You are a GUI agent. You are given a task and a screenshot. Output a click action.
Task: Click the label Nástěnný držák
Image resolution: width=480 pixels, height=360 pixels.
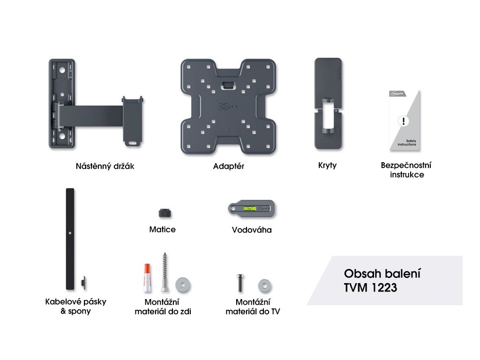(x=105, y=166)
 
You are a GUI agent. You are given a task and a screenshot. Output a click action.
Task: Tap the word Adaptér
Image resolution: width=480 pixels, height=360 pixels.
(x=228, y=166)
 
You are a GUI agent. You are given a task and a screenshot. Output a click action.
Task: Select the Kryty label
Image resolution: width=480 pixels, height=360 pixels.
(x=327, y=165)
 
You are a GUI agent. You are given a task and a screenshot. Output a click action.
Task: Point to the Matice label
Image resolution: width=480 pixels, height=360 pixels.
(x=162, y=230)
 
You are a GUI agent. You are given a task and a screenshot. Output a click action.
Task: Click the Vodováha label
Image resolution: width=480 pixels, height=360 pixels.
(x=252, y=230)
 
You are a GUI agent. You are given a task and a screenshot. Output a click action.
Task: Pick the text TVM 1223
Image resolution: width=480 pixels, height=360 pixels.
(x=370, y=288)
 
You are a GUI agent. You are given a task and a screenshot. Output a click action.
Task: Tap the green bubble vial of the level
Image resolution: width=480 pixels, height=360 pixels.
(x=249, y=208)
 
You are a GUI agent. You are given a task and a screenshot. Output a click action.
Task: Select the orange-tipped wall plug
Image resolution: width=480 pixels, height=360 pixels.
(x=147, y=277)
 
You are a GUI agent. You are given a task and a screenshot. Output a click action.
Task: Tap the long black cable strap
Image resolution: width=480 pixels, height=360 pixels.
(x=70, y=239)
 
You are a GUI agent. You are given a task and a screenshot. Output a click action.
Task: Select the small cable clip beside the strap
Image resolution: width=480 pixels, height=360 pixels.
(x=83, y=283)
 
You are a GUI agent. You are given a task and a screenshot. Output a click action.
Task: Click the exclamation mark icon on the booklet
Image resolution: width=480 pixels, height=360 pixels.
(x=403, y=121)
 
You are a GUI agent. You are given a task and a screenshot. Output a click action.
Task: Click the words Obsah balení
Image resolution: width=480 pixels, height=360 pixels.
(x=382, y=273)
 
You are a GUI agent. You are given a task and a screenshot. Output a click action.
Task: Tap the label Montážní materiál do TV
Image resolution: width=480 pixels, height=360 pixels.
(x=253, y=307)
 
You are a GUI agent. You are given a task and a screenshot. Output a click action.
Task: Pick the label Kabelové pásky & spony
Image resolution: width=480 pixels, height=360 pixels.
(x=75, y=306)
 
